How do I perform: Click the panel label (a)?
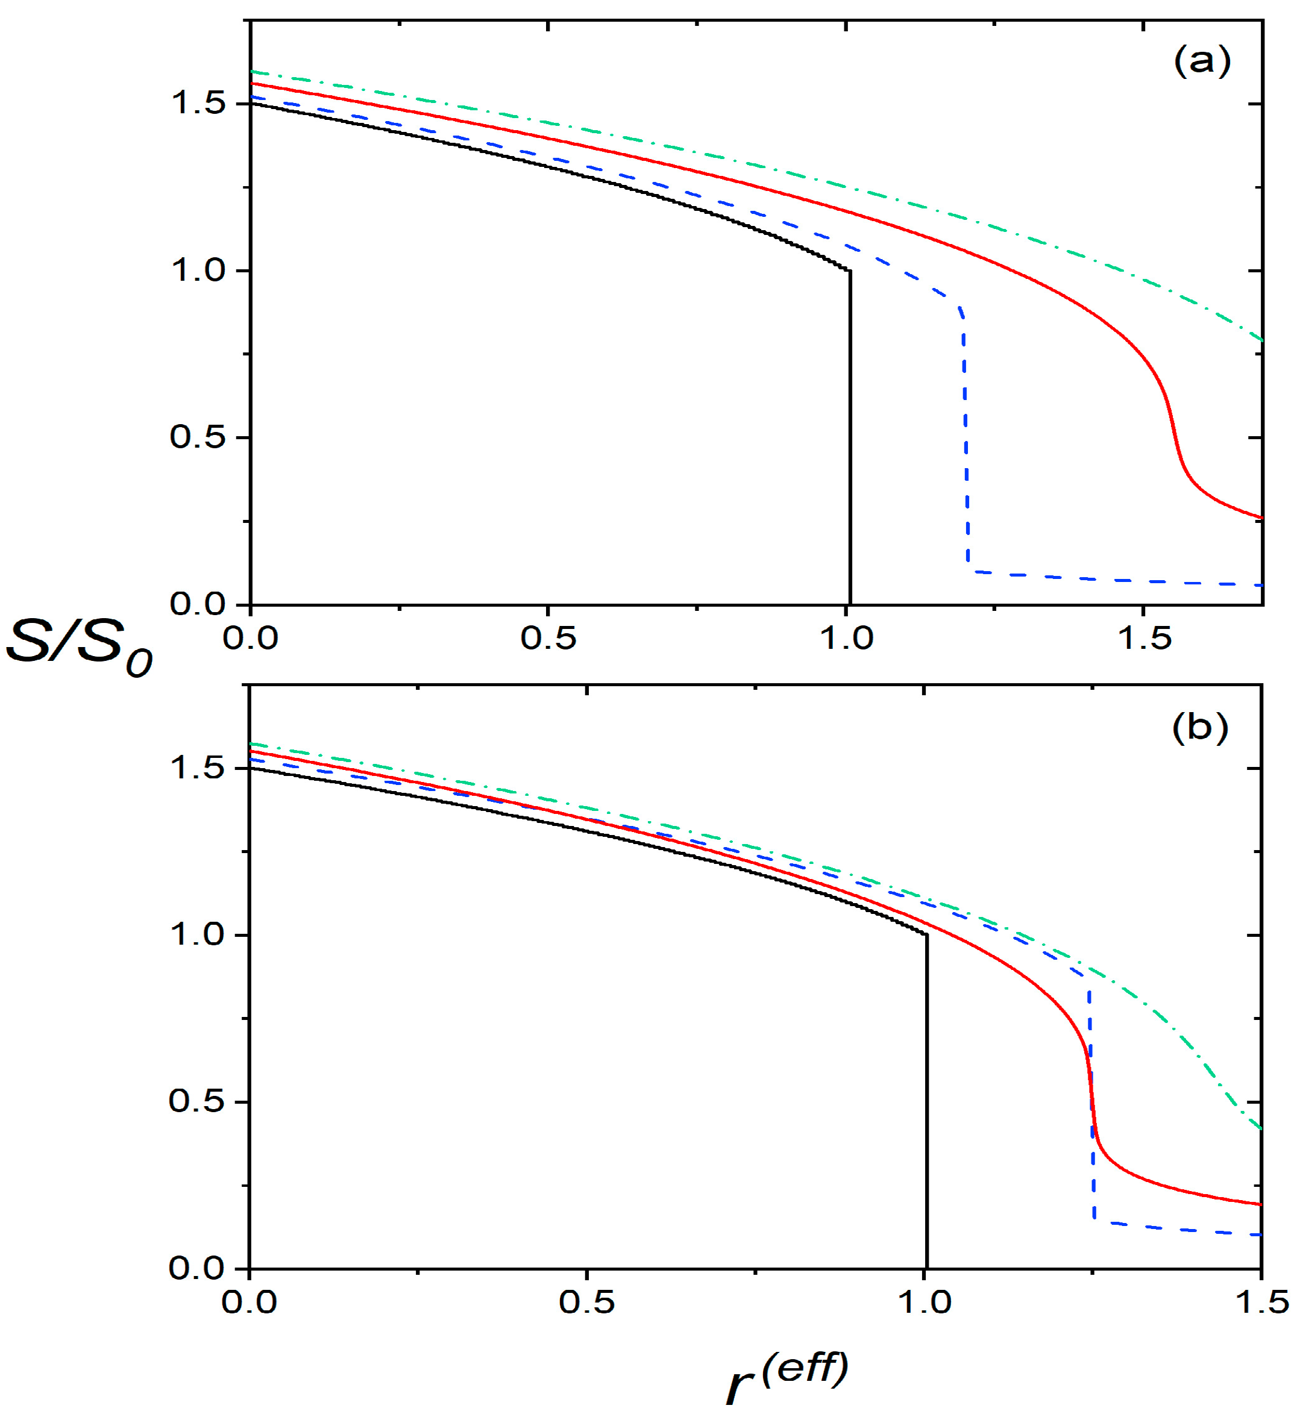(1201, 62)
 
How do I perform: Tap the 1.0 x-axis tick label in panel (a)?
(846, 639)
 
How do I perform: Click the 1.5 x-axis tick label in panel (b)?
(1261, 1303)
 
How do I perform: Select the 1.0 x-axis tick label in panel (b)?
(925, 1303)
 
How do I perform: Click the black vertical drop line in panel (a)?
(850, 437)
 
